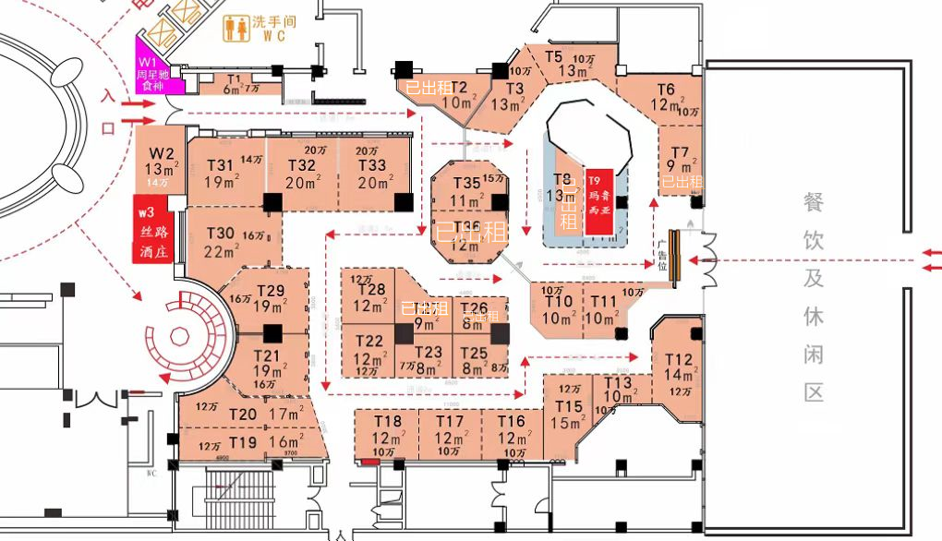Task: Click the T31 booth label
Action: tap(220, 165)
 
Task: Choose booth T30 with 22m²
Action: tap(221, 234)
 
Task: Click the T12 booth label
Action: tap(678, 360)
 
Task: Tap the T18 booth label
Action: tap(388, 422)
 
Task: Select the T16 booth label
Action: tap(511, 422)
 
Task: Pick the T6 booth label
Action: tap(666, 90)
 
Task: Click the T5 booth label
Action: tap(553, 56)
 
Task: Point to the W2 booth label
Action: tap(162, 152)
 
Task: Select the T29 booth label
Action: tap(270, 292)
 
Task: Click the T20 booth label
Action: tap(243, 415)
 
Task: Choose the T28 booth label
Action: tap(370, 290)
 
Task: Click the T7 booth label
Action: tap(680, 152)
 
